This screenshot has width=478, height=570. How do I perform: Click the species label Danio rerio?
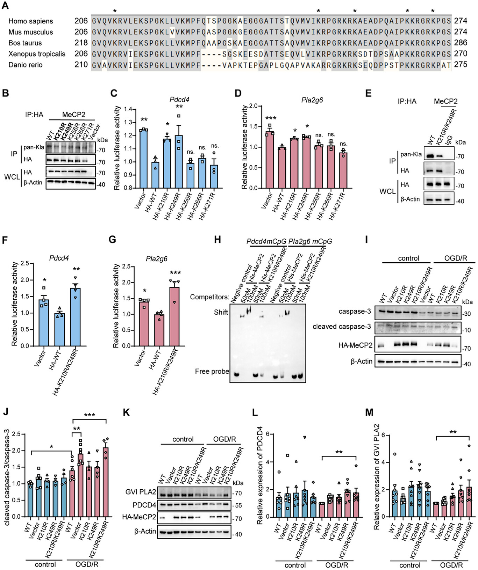click(x=26, y=65)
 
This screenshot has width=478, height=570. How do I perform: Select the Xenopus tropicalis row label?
click(x=37, y=54)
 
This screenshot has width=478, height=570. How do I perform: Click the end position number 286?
click(x=461, y=43)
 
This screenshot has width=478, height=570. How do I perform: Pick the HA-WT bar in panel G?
click(x=159, y=330)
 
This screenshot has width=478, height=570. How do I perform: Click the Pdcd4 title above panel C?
click(x=179, y=100)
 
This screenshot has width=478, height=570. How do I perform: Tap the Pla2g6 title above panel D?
click(x=312, y=100)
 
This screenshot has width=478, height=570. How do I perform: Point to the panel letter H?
click(x=217, y=240)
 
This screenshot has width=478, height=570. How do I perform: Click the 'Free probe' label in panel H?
click(x=212, y=372)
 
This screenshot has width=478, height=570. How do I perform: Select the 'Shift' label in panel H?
click(x=221, y=312)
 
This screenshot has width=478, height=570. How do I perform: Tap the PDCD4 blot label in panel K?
click(x=144, y=505)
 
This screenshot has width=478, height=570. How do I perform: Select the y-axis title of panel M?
click(x=376, y=477)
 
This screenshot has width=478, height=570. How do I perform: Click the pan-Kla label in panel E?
click(x=411, y=154)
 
